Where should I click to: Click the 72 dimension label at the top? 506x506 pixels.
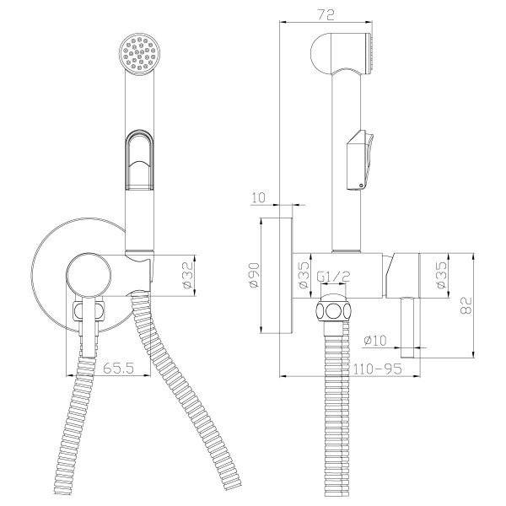pos(326,15)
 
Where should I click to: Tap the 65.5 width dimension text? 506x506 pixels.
pos(118,368)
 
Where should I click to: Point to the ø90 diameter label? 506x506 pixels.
pos(254,275)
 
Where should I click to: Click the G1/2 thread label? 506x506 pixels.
pos(333,277)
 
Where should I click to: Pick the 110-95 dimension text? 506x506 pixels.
pos(378,369)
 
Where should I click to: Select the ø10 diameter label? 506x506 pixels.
pos(375,340)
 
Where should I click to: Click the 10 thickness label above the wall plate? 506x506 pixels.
pos(258,197)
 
